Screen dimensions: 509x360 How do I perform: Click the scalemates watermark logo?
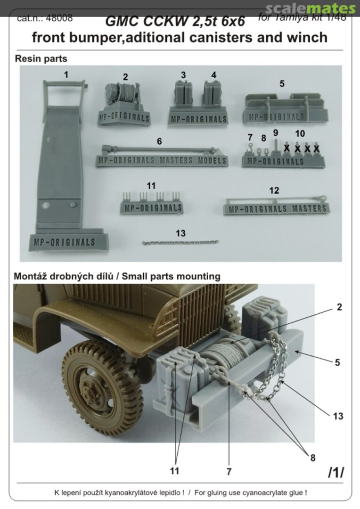[310, 8]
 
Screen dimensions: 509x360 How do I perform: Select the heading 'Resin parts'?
[41, 59]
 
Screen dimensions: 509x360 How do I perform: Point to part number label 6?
[159, 140]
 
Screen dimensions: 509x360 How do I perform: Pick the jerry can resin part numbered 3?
[182, 94]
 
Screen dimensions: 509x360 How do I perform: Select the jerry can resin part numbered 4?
[213, 94]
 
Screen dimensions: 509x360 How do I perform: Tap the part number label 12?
[274, 190]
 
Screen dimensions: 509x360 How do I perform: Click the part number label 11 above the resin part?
[151, 186]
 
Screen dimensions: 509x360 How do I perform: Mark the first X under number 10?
[286, 148]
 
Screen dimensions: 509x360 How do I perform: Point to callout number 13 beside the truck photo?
[337, 416]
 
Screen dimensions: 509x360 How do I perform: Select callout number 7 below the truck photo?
[229, 470]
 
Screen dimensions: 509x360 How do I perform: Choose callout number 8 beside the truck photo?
[312, 457]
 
